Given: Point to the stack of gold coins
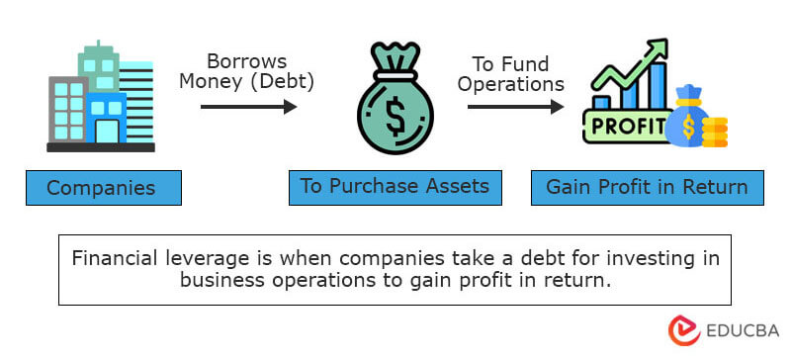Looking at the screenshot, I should click(x=713, y=131).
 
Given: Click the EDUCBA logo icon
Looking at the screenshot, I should click(x=683, y=332).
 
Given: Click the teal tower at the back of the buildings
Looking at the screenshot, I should click(x=100, y=64).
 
